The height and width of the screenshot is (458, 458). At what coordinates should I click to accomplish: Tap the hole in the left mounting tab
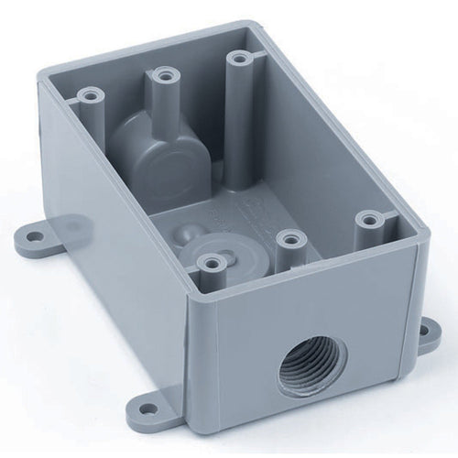(34, 236)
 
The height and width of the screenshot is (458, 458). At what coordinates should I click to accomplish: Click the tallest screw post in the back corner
(240, 60)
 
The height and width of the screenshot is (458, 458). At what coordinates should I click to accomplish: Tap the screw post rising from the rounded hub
(165, 73)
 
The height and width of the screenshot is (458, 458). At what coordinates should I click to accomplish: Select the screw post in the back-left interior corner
(91, 93)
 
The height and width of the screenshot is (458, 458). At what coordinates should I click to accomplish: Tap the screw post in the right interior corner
(369, 220)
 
